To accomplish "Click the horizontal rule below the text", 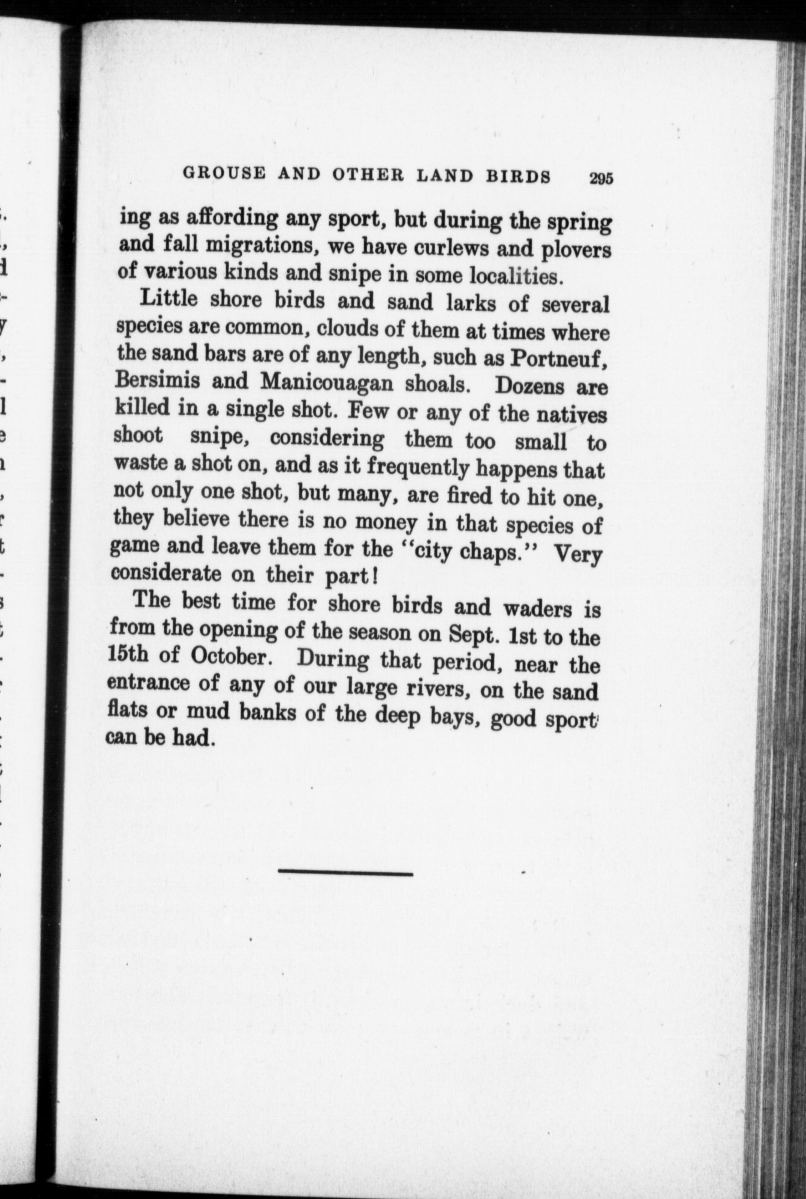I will point(346,873).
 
